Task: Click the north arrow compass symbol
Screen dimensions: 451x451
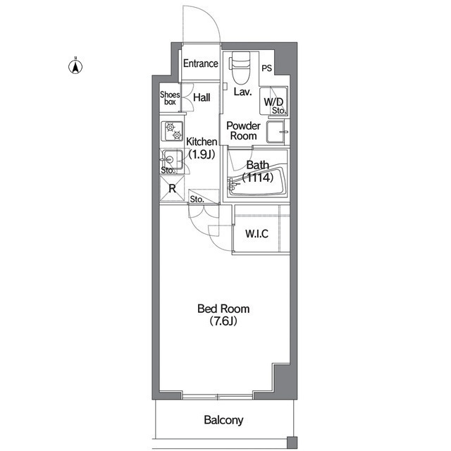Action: (75, 66)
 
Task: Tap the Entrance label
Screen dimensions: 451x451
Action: (201, 63)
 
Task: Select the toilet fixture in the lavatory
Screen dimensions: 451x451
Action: (240, 68)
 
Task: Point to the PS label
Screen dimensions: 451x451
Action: (266, 68)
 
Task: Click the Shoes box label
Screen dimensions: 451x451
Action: (170, 98)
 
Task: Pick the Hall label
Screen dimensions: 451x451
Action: (202, 97)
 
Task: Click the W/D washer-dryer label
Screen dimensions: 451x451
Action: (273, 101)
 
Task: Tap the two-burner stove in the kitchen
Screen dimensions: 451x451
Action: (172, 131)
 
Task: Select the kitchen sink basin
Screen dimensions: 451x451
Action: (172, 159)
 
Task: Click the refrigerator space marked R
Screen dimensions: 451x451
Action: (172, 188)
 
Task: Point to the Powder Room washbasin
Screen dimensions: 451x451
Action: (276, 132)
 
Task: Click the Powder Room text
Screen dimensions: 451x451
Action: (243, 130)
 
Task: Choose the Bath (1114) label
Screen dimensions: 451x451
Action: (257, 171)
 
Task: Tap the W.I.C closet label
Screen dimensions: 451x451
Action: (257, 233)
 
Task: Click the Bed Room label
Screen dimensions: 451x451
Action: (223, 309)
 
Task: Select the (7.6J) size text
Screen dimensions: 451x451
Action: (223, 321)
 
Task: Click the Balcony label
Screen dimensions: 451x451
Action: (223, 420)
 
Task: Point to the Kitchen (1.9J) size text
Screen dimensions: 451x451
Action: (202, 155)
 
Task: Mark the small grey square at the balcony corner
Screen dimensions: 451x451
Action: (292, 442)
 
